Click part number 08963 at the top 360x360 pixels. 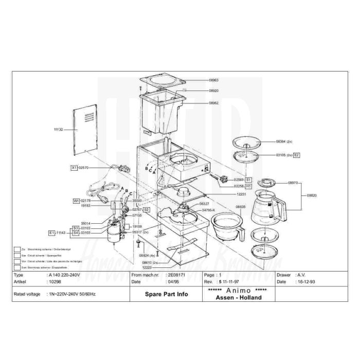[213, 80]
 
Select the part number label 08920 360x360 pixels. [213, 91]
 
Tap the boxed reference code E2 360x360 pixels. [296, 155]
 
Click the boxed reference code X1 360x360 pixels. [74, 168]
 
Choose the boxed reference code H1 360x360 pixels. [248, 186]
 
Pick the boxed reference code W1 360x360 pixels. [76, 201]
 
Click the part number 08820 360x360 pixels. [312, 195]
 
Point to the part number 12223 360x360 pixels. [147, 267]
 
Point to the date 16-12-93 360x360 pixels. [306, 282]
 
